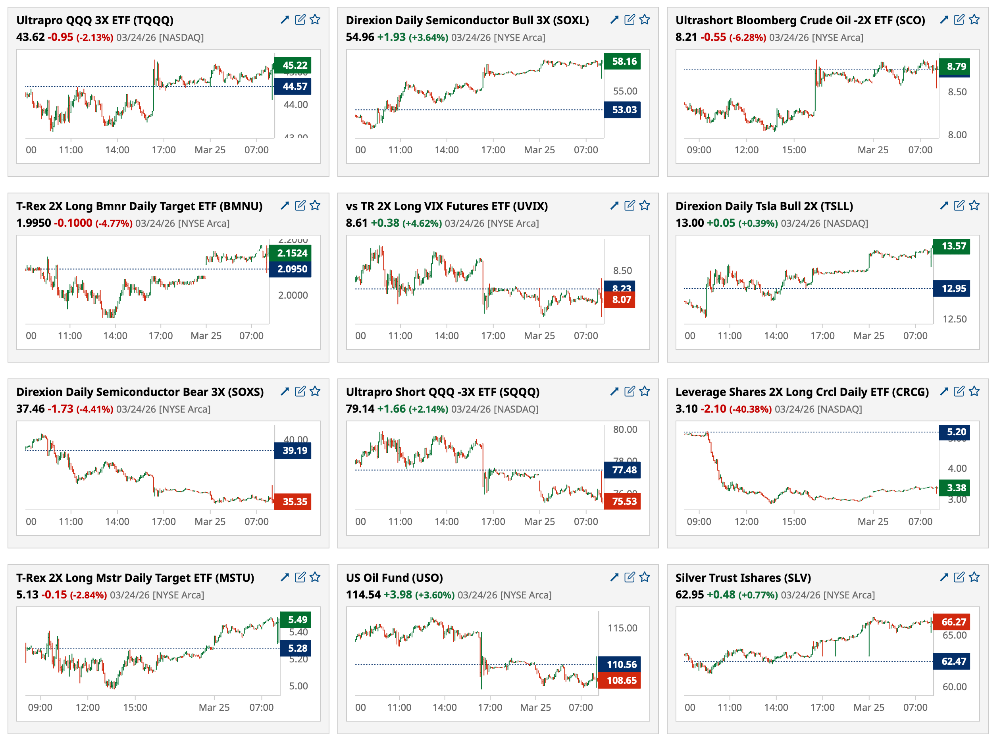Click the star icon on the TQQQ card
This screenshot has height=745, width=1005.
pos(315,19)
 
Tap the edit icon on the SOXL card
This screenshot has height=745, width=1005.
pos(630,19)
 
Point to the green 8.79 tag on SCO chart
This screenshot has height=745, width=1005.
pos(954,66)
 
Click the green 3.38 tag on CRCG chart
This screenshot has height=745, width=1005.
pos(954,488)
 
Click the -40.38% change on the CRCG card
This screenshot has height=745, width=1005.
pos(750,409)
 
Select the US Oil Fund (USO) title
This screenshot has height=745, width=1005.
pos(394,578)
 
